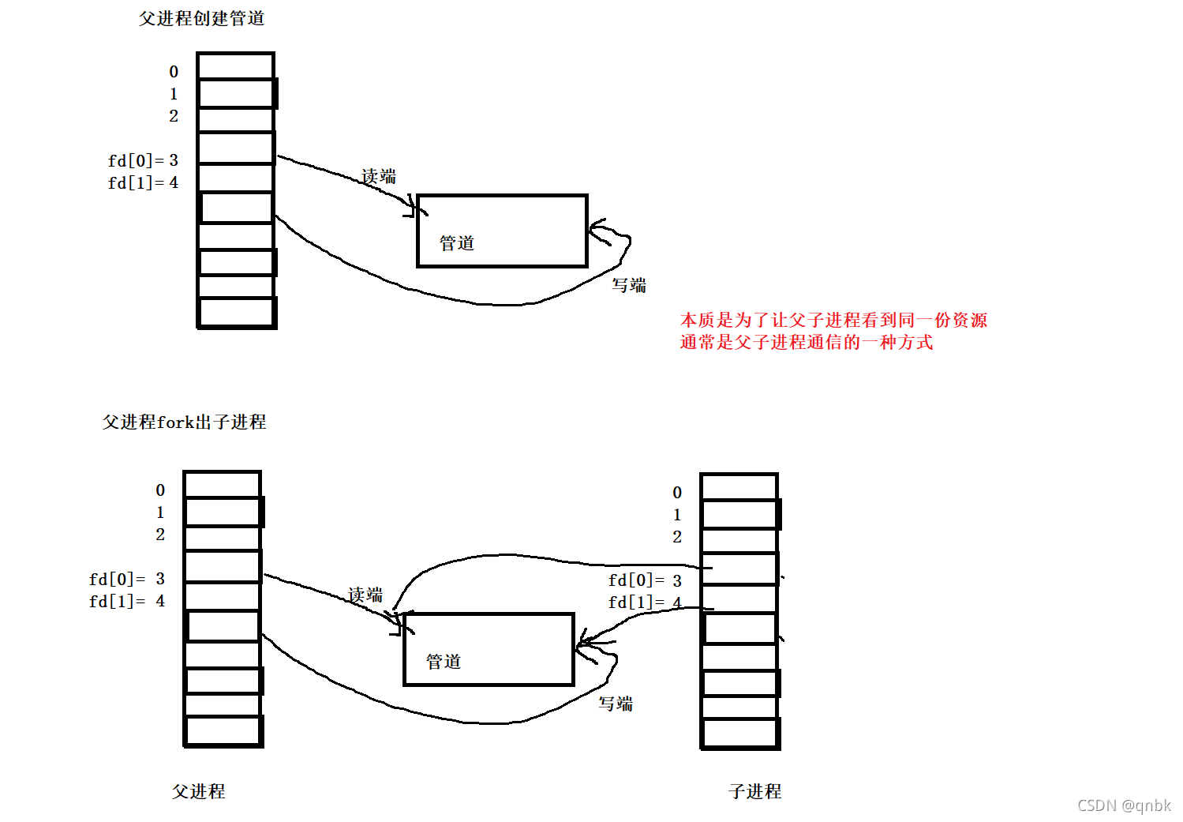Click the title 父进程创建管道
[x=201, y=18]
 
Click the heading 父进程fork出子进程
[x=184, y=422]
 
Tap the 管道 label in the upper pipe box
[x=457, y=243]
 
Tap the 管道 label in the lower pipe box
[x=444, y=662]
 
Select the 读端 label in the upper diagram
[x=379, y=176]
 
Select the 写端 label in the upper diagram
[x=629, y=285]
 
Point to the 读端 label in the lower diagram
[x=365, y=595]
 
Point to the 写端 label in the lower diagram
[x=616, y=704]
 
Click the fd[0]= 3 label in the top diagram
[x=143, y=160]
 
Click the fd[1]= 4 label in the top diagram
[x=143, y=182]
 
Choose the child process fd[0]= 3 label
[x=645, y=580]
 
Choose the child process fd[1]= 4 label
[x=645, y=602]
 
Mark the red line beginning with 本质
[x=833, y=320]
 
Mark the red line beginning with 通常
[x=806, y=342]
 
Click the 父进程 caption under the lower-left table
[x=199, y=791]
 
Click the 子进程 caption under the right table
[x=755, y=791]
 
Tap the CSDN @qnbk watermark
[x=1124, y=805]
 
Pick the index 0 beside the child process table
[x=677, y=493]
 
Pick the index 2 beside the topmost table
[x=174, y=116]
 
